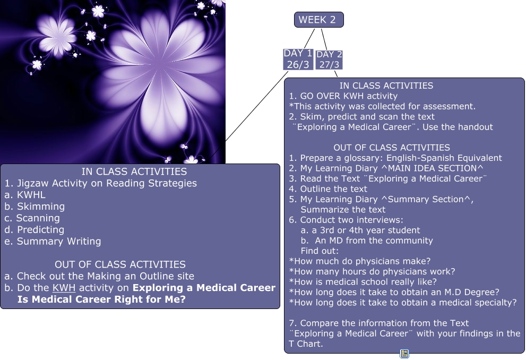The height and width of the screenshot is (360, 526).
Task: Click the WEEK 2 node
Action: (318, 20)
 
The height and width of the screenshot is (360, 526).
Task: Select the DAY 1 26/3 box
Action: (298, 59)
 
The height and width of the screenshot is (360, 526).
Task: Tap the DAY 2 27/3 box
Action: (329, 59)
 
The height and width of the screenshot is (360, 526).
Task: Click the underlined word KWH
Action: (64, 288)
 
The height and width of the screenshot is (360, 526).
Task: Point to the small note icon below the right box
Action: (404, 354)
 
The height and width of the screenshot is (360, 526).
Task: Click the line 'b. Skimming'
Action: (35, 207)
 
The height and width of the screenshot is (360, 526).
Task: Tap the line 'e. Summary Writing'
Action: (53, 242)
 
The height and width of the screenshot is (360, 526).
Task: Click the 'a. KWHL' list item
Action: (25, 195)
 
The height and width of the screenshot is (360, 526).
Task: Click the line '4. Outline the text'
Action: (328, 189)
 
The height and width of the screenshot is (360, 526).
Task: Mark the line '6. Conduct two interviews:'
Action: (346, 220)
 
